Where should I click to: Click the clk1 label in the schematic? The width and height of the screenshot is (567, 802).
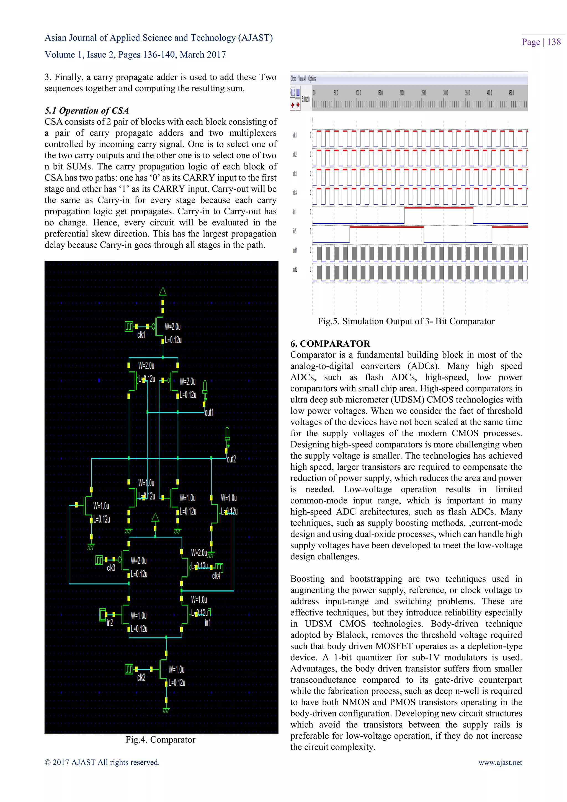pyautogui.click(x=141, y=335)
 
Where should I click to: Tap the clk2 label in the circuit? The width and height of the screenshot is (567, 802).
pyautogui.click(x=141, y=677)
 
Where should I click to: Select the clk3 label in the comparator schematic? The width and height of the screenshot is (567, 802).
pyautogui.click(x=111, y=568)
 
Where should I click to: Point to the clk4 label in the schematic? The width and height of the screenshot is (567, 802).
pyautogui.click(x=216, y=576)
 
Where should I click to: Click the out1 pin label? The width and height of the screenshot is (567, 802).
pyautogui.click(x=209, y=413)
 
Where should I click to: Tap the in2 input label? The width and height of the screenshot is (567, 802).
pyautogui.click(x=110, y=623)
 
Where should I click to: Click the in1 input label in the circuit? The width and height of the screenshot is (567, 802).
pyautogui.click(x=207, y=623)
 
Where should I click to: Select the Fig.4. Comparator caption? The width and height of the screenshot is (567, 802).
pyautogui.click(x=160, y=739)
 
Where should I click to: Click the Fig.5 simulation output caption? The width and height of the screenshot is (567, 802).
pyautogui.click(x=406, y=321)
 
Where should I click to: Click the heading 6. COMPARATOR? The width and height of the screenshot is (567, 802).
pyautogui.click(x=330, y=344)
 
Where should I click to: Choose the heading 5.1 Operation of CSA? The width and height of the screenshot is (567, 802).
pyautogui.click(x=87, y=111)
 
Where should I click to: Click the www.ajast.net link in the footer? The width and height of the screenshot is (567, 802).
pyautogui.click(x=500, y=762)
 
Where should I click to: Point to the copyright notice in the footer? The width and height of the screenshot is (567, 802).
pyautogui.click(x=102, y=762)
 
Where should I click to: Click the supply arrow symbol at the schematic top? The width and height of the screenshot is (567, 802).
pyautogui.click(x=163, y=291)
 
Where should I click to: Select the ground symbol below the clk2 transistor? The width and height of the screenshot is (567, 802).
pyautogui.click(x=166, y=711)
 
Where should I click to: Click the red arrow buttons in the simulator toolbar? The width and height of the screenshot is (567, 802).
pyautogui.click(x=295, y=104)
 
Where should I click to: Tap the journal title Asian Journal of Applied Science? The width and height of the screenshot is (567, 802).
pyautogui.click(x=159, y=38)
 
